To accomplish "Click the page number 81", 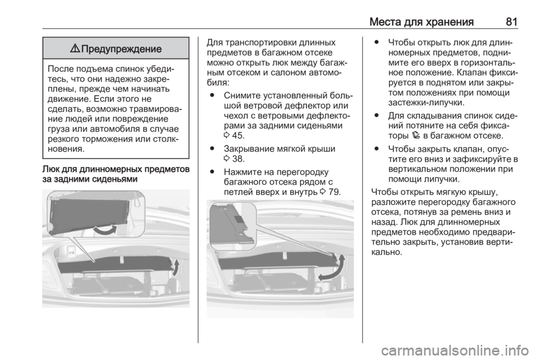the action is [x=511, y=22].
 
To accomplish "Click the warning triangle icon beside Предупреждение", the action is [x=75, y=48].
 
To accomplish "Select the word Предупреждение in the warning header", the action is [x=121, y=49].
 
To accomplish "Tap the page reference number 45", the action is [x=238, y=136].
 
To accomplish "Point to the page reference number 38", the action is [x=238, y=159].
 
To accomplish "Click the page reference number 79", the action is [x=334, y=192].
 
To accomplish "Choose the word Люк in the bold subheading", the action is [x=52, y=169].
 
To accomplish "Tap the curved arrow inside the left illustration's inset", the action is [x=105, y=229].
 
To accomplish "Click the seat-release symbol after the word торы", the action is [x=416, y=135].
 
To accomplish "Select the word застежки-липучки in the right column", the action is [x=426, y=103].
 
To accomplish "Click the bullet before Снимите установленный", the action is [x=212, y=95].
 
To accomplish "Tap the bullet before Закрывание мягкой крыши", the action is [x=212, y=149].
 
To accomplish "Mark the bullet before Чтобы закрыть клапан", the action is [x=377, y=149].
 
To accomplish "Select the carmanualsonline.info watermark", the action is [x=455, y=350].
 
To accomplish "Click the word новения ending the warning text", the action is [x=66, y=149].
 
